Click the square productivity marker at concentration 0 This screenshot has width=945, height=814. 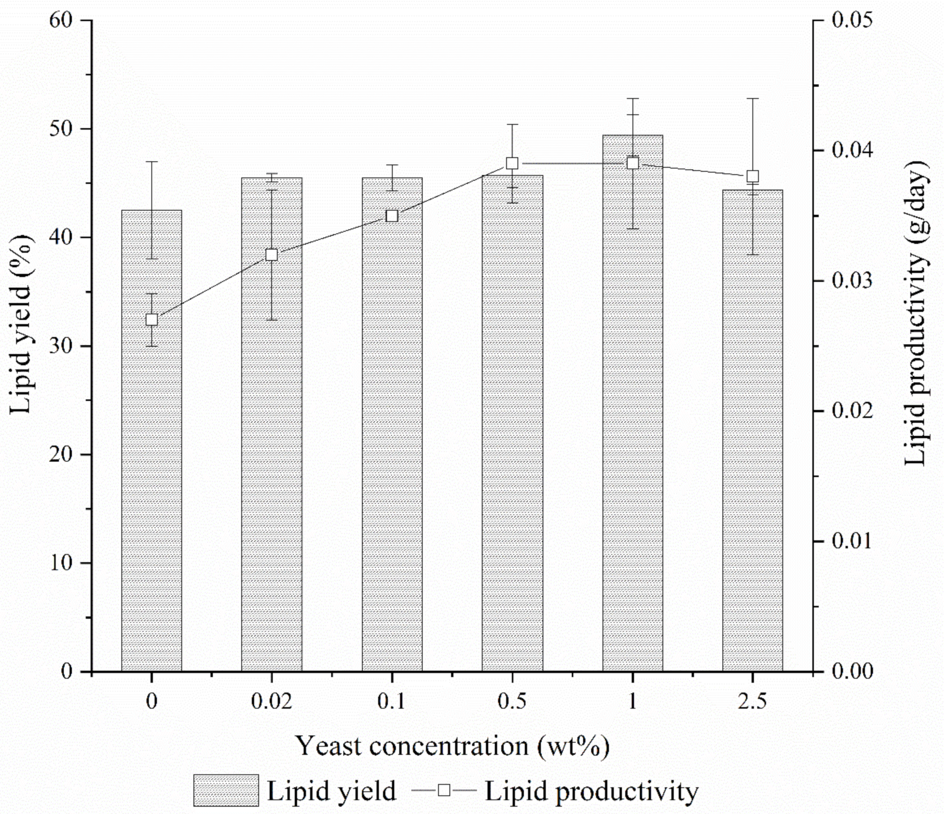tap(152, 320)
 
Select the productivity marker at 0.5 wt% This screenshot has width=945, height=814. tap(512, 163)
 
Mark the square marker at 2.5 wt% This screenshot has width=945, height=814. tap(753, 176)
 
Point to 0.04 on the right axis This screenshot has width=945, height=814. tap(852, 151)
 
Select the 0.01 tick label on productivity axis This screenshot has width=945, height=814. tap(852, 541)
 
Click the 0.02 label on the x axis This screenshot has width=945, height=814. tap(272, 701)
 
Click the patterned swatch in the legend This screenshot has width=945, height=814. tap(226, 790)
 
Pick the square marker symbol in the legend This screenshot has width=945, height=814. tap(444, 789)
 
